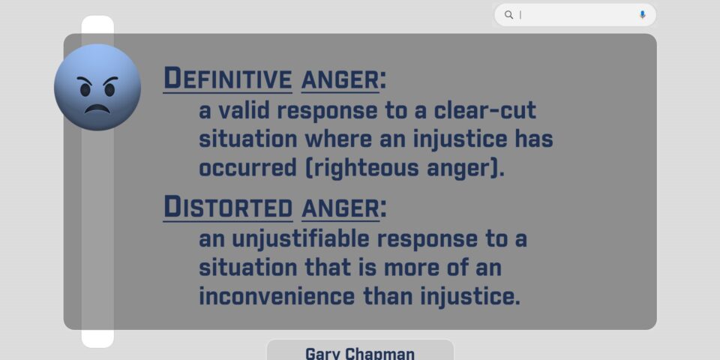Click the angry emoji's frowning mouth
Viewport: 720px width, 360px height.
coord(97,109)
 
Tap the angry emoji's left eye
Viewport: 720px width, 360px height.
coord(85,89)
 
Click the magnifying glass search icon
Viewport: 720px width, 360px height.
coord(508,15)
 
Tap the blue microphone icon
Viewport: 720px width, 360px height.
coord(642,15)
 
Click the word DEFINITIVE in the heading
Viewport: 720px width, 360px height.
coord(228,78)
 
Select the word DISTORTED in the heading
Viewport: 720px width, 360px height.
coord(228,207)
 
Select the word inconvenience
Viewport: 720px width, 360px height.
coord(277,296)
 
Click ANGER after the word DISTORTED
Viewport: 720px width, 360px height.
coord(340,208)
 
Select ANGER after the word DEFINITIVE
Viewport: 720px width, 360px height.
coord(340,79)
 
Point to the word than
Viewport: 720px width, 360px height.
coord(388,296)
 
